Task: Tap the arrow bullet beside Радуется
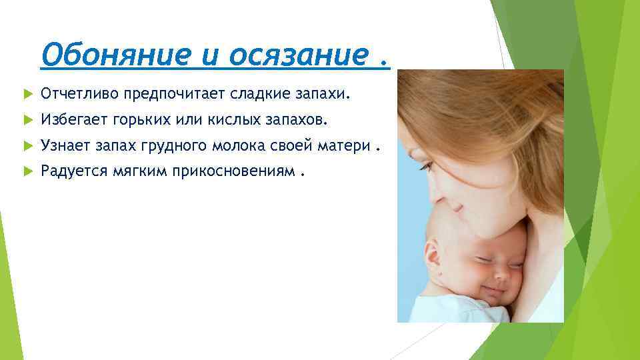point(27,172)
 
